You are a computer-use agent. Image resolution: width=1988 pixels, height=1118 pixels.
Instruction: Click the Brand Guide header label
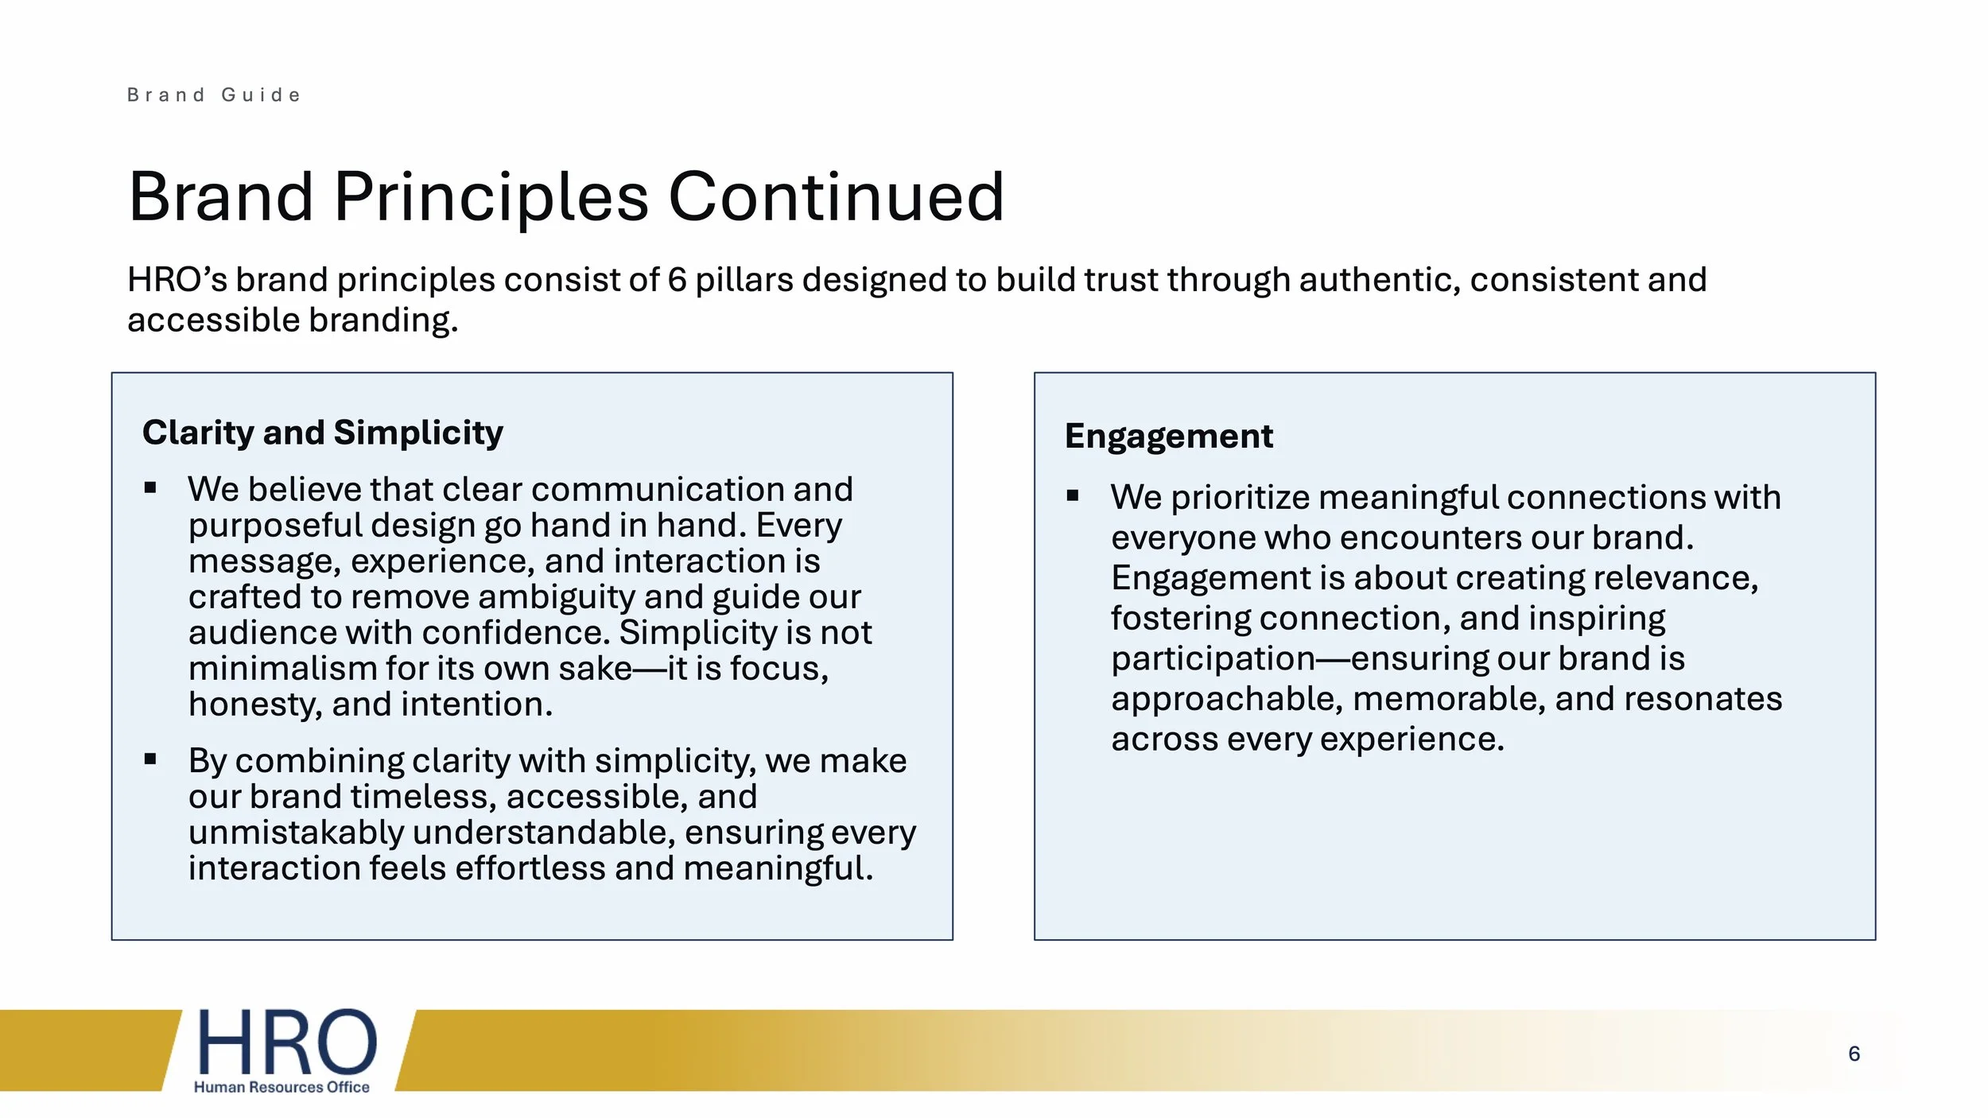point(214,95)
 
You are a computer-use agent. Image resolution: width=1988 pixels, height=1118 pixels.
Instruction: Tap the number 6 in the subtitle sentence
point(677,280)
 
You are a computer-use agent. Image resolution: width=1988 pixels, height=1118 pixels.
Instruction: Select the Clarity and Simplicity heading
point(322,433)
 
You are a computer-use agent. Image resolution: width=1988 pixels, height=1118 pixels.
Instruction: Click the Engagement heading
point(1168,437)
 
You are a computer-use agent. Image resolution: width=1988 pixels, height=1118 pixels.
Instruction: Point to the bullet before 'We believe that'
point(150,488)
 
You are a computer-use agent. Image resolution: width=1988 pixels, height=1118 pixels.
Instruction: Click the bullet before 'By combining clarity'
point(150,759)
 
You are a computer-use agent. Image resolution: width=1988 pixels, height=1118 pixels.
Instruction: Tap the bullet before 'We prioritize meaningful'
point(1073,496)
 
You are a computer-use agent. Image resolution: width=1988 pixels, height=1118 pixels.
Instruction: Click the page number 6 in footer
point(1854,1054)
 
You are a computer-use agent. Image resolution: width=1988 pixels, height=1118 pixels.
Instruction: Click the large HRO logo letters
point(286,1042)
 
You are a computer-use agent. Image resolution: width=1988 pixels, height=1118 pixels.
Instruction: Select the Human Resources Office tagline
point(282,1087)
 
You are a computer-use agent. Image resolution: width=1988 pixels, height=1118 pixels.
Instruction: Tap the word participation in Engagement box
point(1212,659)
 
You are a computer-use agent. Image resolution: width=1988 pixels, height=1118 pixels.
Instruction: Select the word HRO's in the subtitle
point(177,280)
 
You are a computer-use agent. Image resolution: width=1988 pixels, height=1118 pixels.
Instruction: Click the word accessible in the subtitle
point(212,320)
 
